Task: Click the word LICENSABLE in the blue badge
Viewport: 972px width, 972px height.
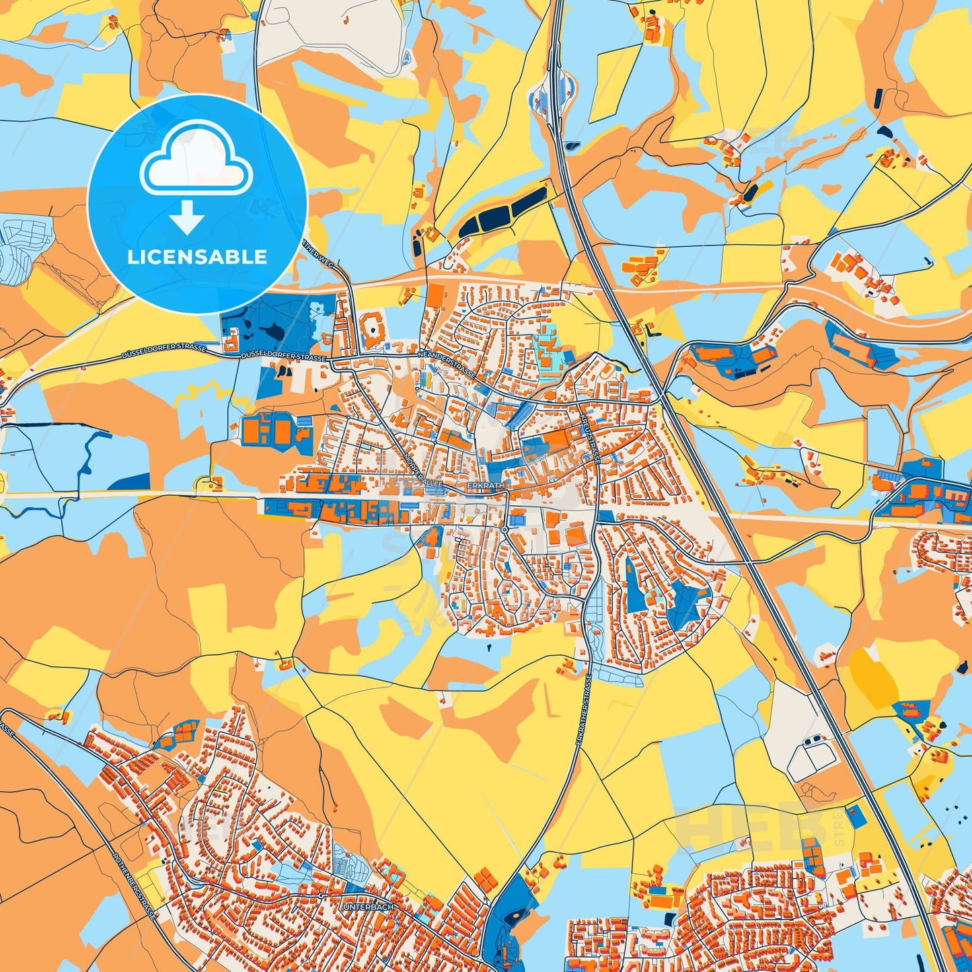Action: pyautogui.click(x=197, y=257)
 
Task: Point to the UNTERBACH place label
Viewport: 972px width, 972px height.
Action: pyautogui.click(x=367, y=907)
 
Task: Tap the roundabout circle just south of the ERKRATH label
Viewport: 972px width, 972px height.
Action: pyautogui.click(x=504, y=530)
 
